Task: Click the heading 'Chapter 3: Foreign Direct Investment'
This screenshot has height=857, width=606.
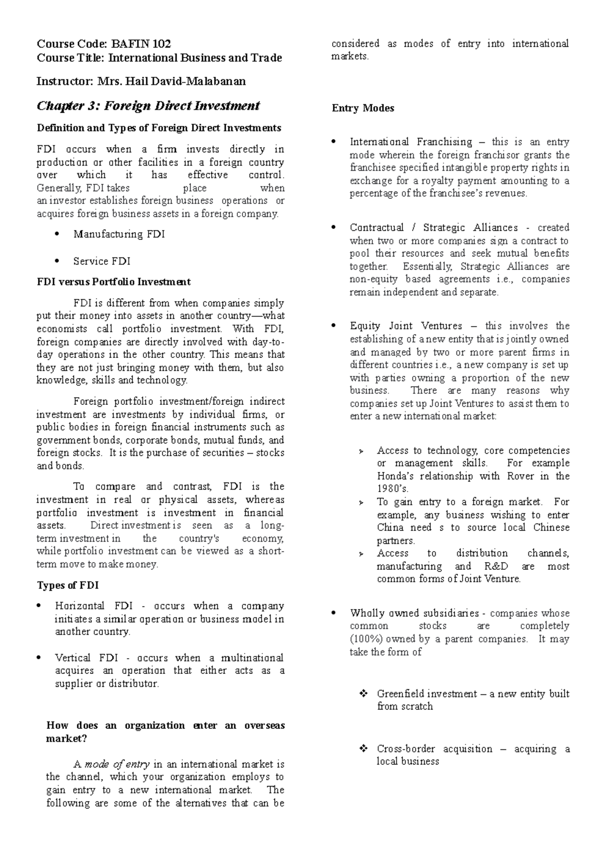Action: (x=148, y=106)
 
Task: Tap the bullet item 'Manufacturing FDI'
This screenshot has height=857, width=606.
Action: (x=119, y=234)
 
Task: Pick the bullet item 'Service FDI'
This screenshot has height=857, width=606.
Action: (x=102, y=261)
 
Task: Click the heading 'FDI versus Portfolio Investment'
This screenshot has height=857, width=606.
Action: (x=114, y=282)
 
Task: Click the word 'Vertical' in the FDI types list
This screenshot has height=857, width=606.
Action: (x=73, y=658)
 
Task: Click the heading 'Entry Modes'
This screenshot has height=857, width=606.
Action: (x=363, y=108)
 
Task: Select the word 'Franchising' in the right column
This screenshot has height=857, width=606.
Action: (x=444, y=142)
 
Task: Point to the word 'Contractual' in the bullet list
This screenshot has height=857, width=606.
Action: (x=376, y=228)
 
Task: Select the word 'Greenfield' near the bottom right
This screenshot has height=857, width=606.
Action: (x=401, y=694)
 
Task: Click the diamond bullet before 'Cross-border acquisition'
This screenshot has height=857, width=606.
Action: (x=363, y=749)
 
